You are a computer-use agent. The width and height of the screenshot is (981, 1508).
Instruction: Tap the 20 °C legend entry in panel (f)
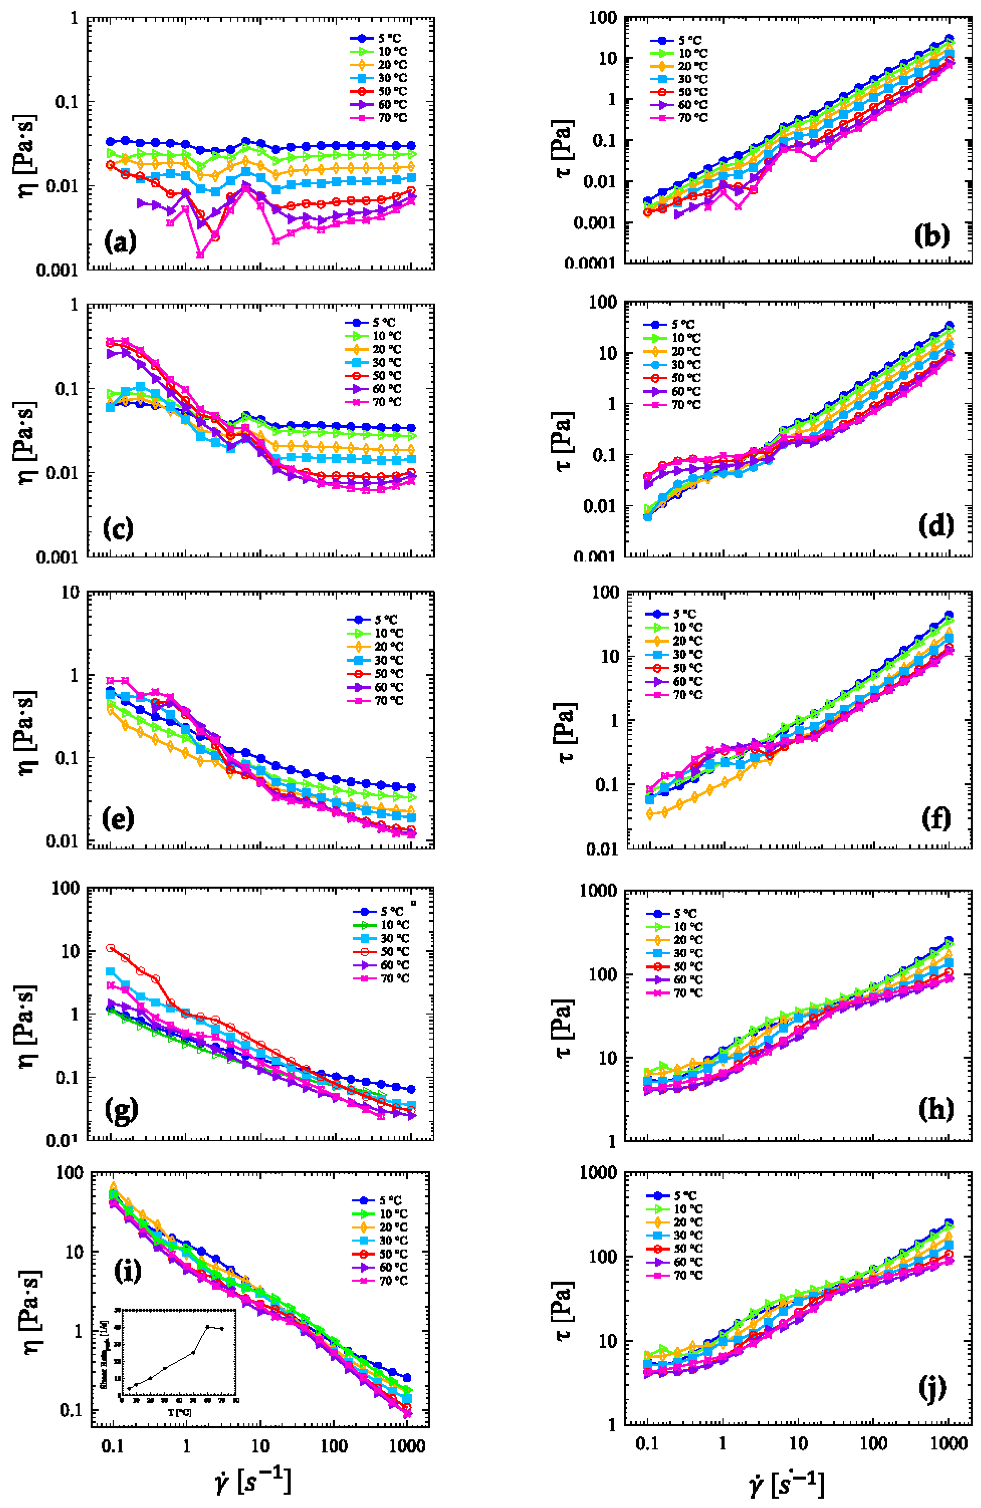point(674,641)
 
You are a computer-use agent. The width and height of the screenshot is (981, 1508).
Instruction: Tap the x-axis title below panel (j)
point(786,1481)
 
